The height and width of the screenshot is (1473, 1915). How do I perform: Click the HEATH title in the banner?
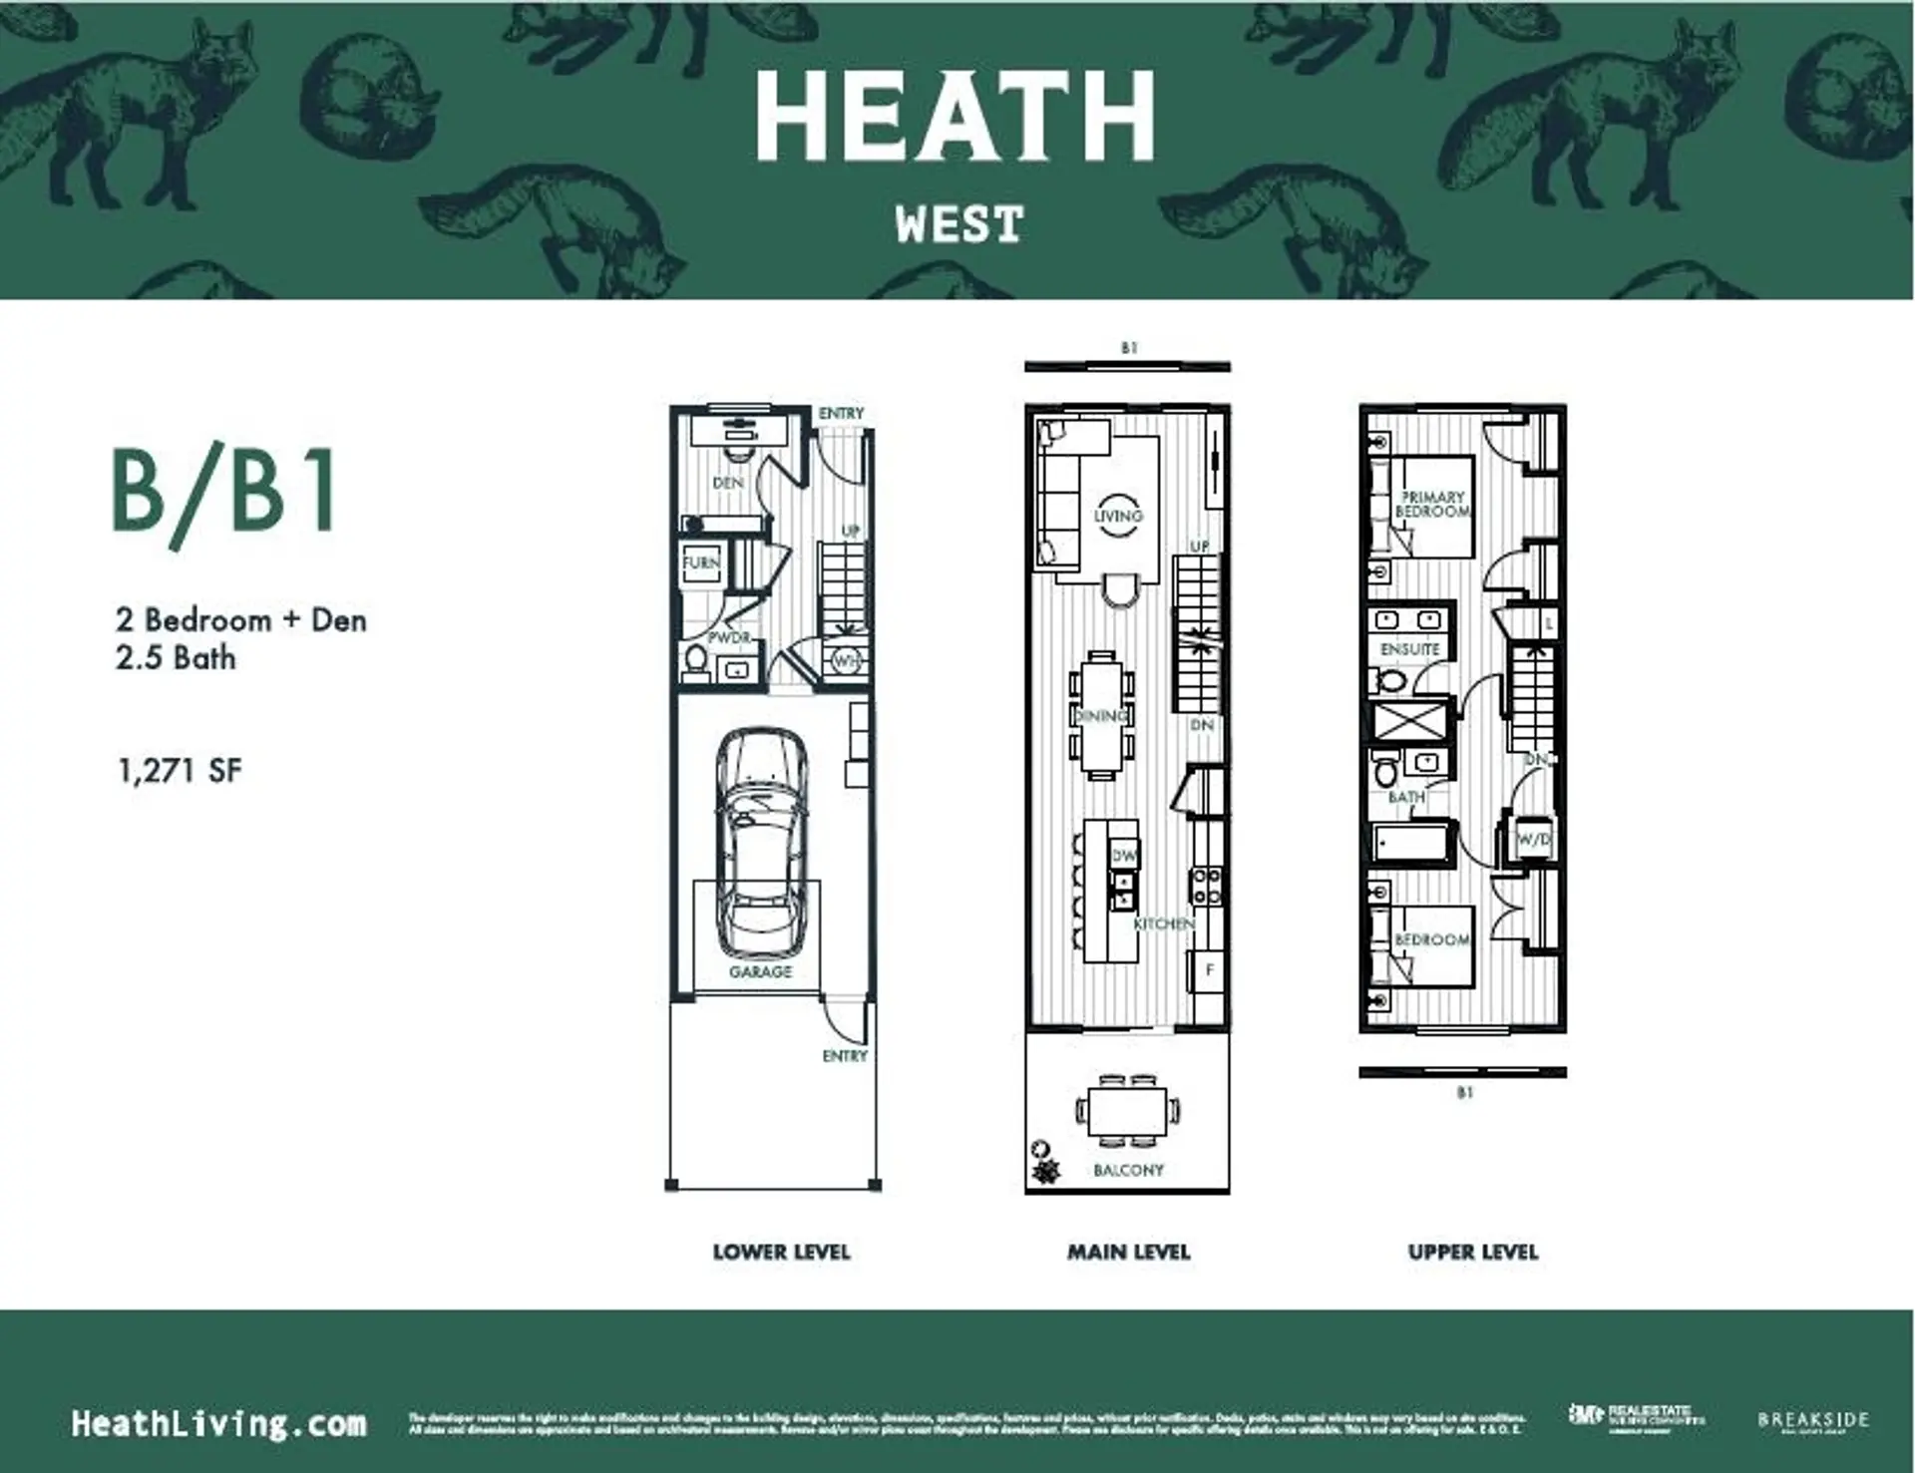[955, 117]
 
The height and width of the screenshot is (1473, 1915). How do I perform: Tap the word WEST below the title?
[958, 224]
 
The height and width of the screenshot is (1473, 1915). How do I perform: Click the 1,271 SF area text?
[180, 770]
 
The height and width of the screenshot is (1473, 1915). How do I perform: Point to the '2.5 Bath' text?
[176, 658]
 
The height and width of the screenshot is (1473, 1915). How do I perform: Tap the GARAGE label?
[760, 971]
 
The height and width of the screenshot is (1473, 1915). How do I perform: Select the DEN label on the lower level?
[728, 483]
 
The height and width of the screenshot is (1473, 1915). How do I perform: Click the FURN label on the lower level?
[700, 563]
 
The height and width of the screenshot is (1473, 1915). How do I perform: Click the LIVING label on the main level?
[1117, 516]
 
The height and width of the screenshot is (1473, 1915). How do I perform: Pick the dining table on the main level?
[1102, 716]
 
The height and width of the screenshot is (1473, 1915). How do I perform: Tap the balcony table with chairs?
[1128, 1110]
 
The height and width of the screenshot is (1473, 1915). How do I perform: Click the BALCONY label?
[1128, 1170]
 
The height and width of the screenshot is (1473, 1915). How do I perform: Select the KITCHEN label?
[1164, 924]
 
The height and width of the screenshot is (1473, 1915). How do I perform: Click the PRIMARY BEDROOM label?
[1432, 504]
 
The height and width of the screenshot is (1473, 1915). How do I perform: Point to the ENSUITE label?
[1409, 649]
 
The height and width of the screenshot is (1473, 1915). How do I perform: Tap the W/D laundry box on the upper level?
[1533, 840]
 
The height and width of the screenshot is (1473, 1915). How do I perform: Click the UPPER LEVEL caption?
[1473, 1253]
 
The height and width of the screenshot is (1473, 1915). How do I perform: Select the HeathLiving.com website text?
[218, 1423]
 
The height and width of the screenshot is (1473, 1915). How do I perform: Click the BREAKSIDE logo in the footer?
[1812, 1419]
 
